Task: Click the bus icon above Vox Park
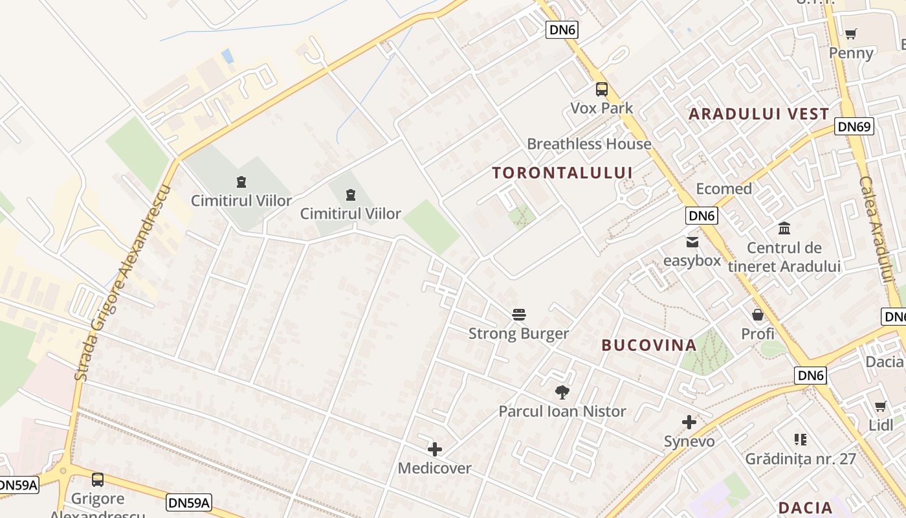[x=602, y=89]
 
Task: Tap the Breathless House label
[x=589, y=144]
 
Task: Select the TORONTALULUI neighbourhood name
[x=562, y=173]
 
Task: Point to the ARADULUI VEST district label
[x=758, y=114]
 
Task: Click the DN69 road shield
[x=854, y=126]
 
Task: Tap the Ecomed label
[x=724, y=189]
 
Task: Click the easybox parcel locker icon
[x=692, y=243]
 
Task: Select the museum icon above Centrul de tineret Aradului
[x=784, y=229]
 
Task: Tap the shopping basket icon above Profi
[x=758, y=315]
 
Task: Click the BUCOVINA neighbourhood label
[x=649, y=345]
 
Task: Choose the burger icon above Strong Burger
[x=519, y=315]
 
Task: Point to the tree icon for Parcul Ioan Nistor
[x=562, y=392]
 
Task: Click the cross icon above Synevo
[x=689, y=423]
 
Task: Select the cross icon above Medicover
[x=435, y=449]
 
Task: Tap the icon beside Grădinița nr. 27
[x=801, y=440]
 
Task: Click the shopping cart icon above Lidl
[x=880, y=407]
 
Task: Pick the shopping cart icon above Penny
[x=851, y=34]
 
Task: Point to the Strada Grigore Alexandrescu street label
[x=121, y=283]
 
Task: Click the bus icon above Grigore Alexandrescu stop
[x=98, y=480]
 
